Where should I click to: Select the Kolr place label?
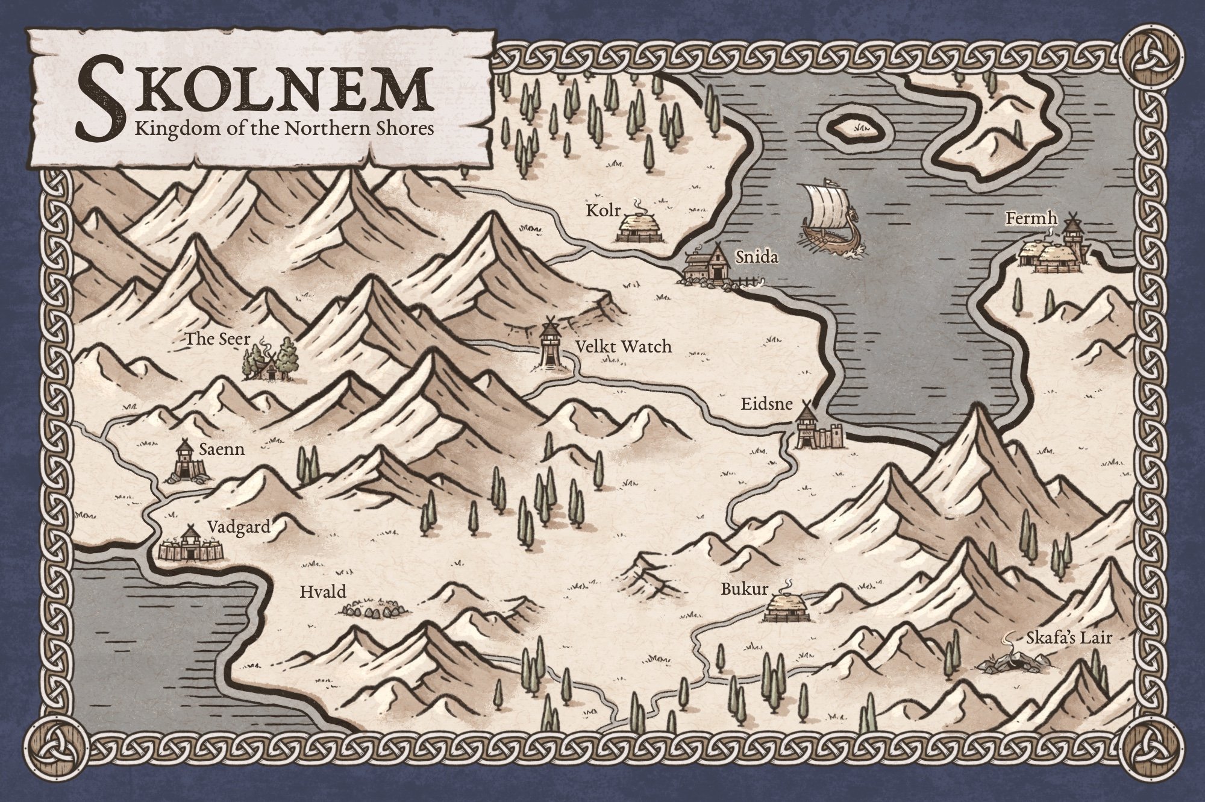[601, 211]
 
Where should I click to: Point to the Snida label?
[757, 258]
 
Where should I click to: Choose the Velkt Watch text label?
[623, 346]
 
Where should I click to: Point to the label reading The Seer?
[209, 339]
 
